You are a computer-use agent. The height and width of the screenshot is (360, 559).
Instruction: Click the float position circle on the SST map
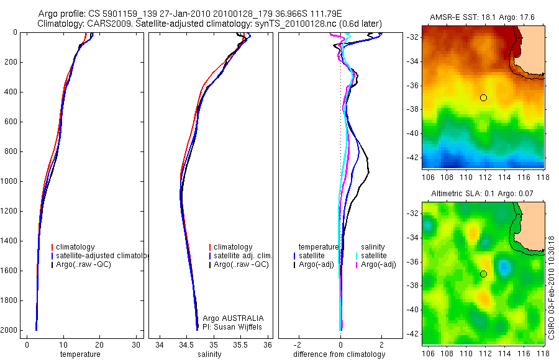coord(483,97)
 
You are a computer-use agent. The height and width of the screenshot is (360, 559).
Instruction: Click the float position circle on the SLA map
coord(483,274)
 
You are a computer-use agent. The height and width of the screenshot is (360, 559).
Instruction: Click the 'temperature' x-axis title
coord(80,354)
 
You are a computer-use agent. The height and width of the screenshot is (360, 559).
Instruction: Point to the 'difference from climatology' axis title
coord(339,354)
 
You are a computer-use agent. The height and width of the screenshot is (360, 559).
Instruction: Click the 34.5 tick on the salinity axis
coord(186,344)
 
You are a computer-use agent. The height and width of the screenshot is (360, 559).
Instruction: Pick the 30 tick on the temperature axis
coord(135,344)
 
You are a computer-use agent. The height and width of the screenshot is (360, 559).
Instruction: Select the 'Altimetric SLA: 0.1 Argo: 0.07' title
coord(483,194)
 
